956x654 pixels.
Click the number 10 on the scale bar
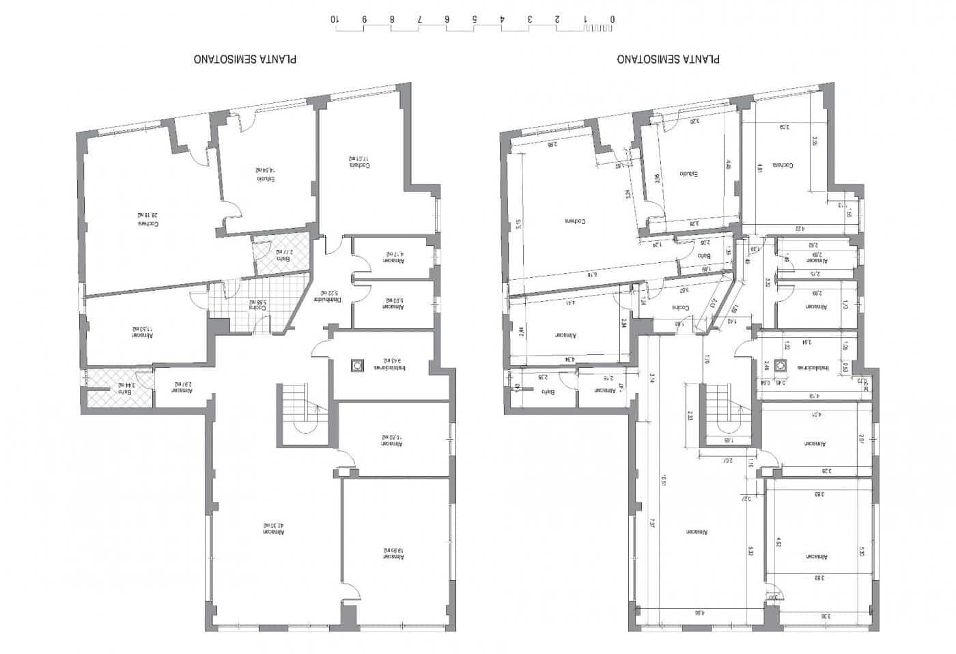tap(335, 20)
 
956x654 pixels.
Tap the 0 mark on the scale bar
tap(613, 20)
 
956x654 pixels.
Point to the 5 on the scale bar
tap(474, 20)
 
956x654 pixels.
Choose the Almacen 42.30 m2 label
tap(275, 530)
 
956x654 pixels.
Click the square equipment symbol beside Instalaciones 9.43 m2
tap(356, 365)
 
